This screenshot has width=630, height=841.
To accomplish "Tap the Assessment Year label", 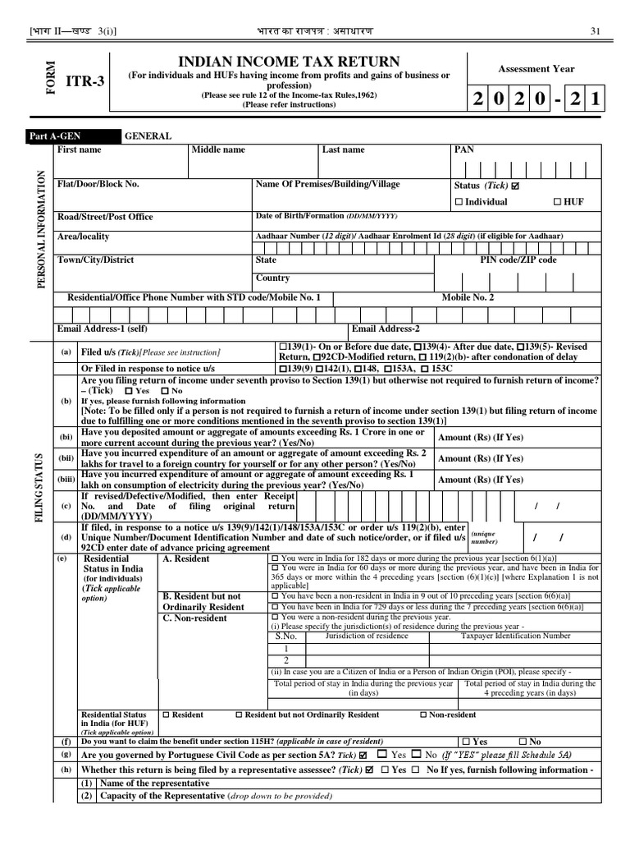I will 536,69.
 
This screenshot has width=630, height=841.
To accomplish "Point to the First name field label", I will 80,150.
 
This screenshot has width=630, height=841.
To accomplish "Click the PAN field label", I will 463,150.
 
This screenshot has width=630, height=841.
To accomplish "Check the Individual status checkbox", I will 459,202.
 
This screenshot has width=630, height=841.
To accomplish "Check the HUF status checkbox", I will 559,202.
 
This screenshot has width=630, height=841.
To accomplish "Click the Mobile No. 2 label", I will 468,297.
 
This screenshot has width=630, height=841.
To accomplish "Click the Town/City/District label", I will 95,260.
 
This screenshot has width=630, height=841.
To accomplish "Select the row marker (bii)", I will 66,459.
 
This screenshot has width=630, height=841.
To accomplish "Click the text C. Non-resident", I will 194,618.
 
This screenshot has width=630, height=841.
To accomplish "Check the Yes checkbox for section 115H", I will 467,741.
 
